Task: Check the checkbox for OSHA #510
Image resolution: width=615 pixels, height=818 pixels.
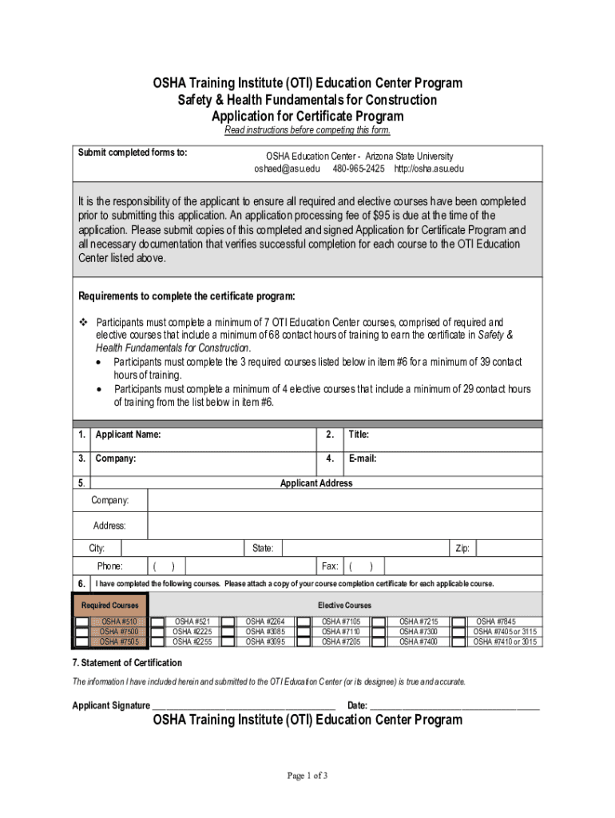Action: point(82,621)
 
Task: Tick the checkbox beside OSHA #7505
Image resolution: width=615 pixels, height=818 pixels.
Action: point(82,641)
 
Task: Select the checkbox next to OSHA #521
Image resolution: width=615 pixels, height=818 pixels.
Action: point(158,621)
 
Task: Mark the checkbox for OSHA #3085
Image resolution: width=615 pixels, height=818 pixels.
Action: point(228,631)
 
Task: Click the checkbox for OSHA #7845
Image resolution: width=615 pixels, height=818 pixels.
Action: point(458,621)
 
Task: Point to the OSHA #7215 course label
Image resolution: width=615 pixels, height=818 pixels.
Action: point(419,621)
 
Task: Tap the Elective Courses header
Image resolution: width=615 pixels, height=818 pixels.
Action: point(344,606)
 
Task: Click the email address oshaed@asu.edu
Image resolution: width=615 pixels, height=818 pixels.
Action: point(287,169)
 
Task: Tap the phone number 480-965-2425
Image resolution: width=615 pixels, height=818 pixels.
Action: point(359,169)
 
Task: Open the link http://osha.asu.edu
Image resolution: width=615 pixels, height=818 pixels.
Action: point(429,169)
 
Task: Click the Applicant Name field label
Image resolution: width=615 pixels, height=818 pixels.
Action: point(128,435)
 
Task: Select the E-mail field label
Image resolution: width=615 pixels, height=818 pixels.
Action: point(362,459)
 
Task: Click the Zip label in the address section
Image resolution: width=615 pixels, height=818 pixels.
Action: point(462,548)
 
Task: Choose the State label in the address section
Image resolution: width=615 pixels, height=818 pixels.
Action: point(263,548)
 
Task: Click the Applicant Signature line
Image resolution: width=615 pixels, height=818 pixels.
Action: point(244,705)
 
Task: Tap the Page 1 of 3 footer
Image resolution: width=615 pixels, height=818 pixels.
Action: point(307,776)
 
